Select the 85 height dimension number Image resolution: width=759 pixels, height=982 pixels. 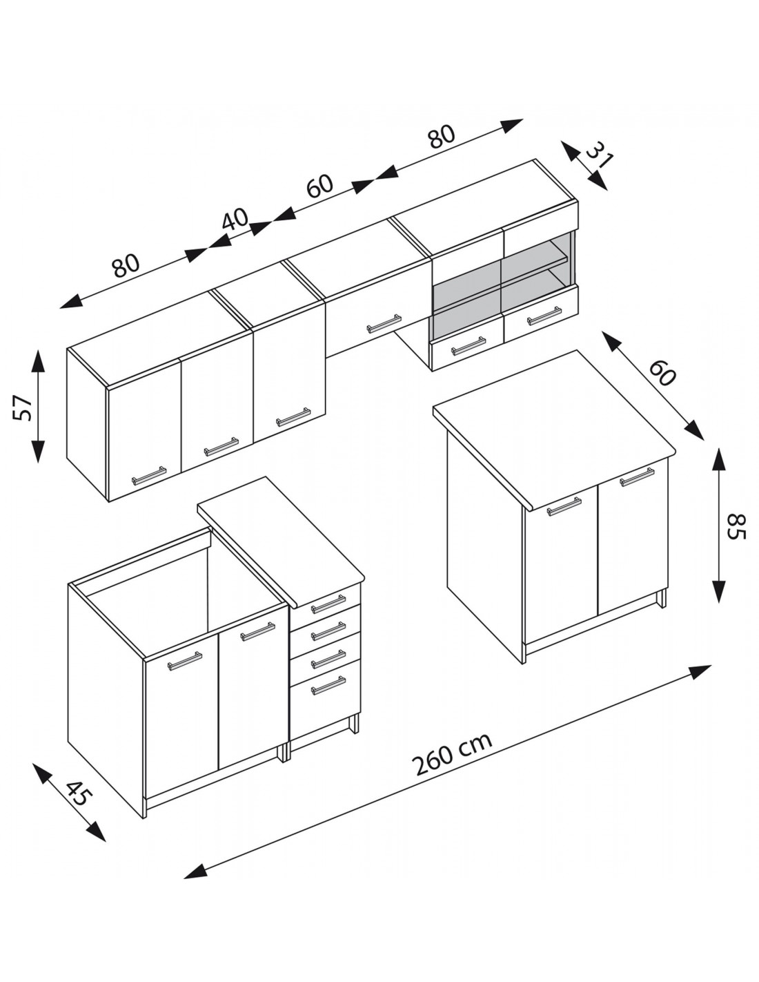point(735,526)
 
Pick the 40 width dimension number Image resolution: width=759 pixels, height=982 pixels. point(236,220)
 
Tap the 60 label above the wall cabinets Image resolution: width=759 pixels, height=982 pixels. point(319,186)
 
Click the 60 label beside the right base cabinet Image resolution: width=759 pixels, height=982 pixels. point(663,371)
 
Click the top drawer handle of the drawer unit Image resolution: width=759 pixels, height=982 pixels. point(328,604)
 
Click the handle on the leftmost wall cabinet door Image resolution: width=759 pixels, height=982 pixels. point(149,476)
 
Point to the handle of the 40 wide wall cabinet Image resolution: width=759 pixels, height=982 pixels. point(221,446)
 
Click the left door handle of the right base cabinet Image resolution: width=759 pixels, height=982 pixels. point(564,506)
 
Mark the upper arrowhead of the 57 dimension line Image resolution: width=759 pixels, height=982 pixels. point(37,362)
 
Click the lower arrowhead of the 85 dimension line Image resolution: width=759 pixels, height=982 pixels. point(720,590)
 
